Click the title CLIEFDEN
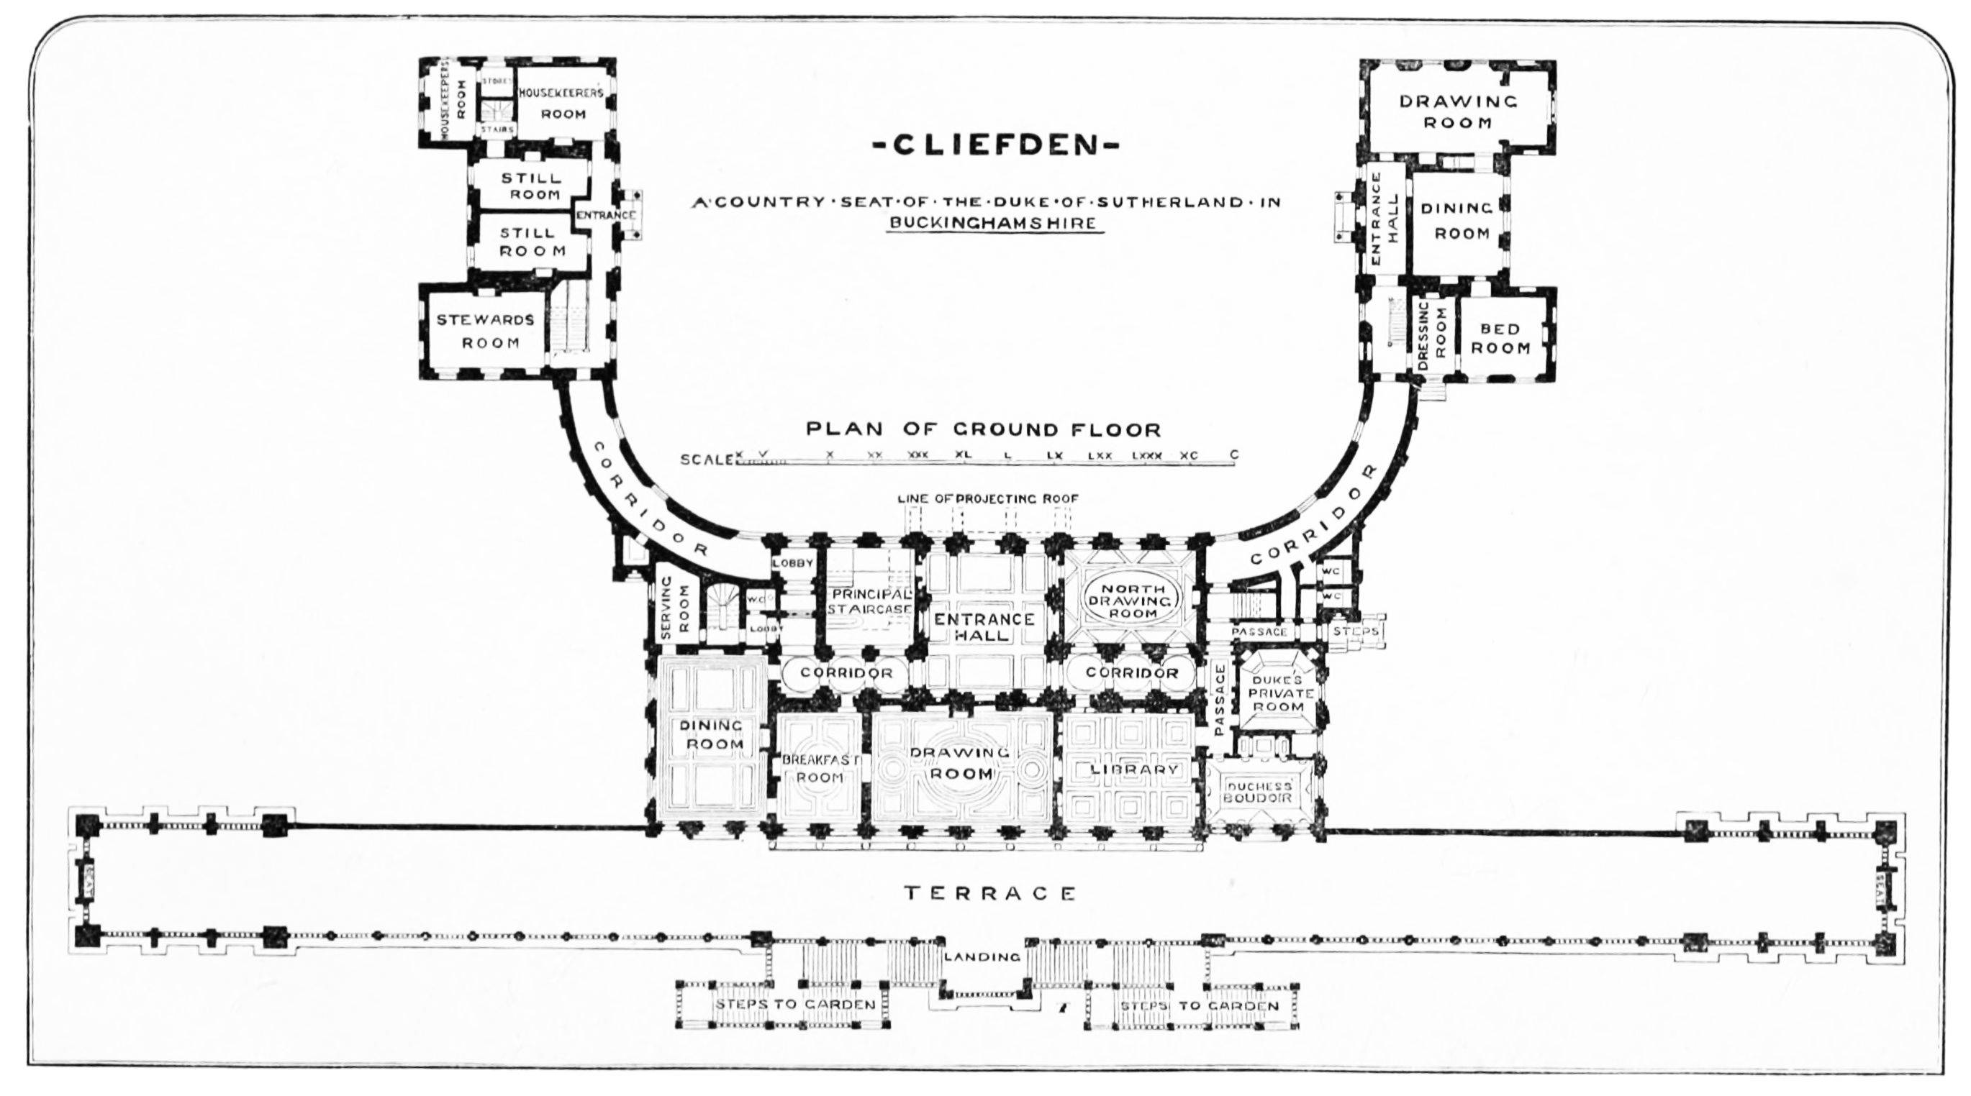click(x=995, y=145)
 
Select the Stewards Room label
click(x=485, y=330)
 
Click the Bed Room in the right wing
click(x=1500, y=338)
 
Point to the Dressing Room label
click(x=1431, y=336)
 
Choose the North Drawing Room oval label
click(x=1133, y=600)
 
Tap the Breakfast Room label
click(x=820, y=769)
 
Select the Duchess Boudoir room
click(x=1259, y=793)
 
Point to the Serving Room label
click(x=674, y=608)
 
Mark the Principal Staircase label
click(x=871, y=602)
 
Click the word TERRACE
click(x=990, y=892)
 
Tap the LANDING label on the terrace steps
click(x=982, y=956)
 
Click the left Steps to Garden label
click(x=794, y=1004)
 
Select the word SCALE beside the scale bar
click(x=706, y=460)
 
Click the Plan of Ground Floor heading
click(x=983, y=429)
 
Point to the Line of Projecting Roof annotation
click(x=988, y=498)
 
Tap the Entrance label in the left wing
click(x=605, y=215)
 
